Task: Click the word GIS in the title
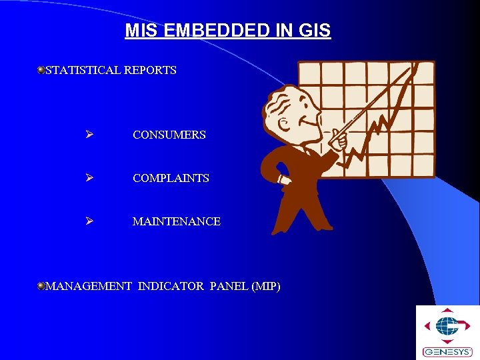pos(314,31)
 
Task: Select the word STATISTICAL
pos(83,70)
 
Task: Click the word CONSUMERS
pos(169,135)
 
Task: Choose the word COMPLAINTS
pos(171,178)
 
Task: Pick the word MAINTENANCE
pos(176,221)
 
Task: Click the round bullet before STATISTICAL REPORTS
pos(41,69)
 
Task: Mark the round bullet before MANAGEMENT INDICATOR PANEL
pos(41,286)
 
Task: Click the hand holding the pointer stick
pos(339,140)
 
